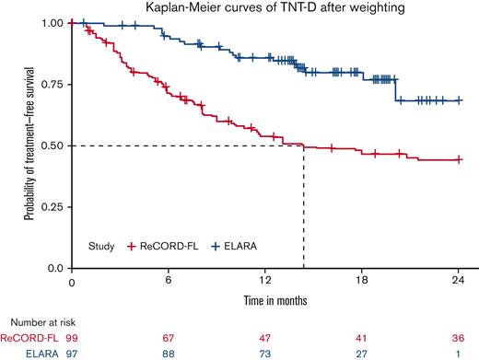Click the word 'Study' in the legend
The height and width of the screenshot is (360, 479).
(99, 247)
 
